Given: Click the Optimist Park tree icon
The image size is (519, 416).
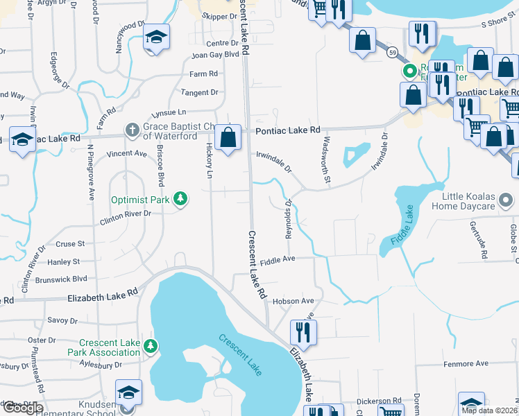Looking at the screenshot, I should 180,200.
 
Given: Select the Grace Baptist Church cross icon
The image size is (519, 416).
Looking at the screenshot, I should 132,129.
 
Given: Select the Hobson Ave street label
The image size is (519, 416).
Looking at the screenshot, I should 293,302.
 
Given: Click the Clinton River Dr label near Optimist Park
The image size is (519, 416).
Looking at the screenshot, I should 125,214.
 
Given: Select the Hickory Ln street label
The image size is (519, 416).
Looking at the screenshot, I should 209,161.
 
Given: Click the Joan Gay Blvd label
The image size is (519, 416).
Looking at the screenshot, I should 215,54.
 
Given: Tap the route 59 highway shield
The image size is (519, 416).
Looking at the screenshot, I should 393,53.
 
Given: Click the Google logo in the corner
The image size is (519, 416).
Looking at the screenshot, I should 22,408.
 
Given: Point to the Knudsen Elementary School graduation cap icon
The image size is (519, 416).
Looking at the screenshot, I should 129,392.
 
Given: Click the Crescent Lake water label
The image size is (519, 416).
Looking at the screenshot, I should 240,355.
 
